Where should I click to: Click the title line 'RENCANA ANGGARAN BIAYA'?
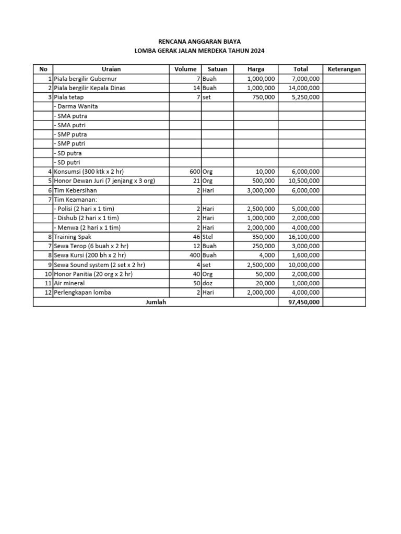point(200,41)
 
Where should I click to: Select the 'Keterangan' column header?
point(344,69)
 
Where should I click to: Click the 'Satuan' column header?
point(217,69)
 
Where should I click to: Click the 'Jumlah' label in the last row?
point(156,302)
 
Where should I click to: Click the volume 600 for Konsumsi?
point(195,172)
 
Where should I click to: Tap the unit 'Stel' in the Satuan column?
point(208,237)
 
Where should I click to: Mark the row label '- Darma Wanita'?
point(76,106)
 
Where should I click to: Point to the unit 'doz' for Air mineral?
point(208,283)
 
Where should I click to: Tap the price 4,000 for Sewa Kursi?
point(267,256)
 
